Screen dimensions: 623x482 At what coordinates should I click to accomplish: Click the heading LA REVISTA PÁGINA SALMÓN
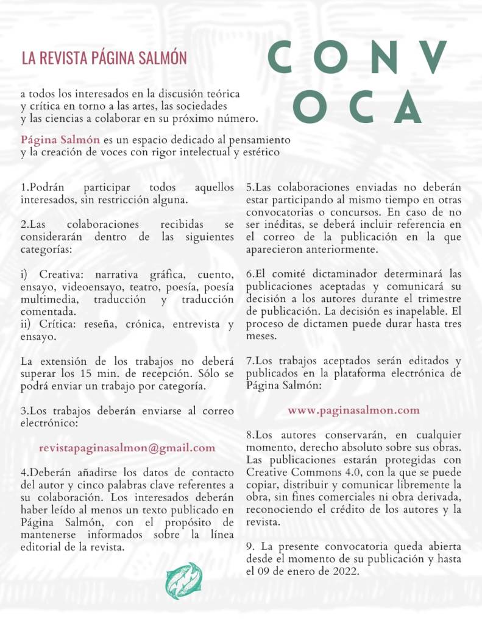click(104, 58)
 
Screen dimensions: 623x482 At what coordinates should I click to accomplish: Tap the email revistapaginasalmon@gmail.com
click(127, 448)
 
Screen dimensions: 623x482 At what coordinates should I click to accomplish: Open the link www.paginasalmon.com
click(353, 410)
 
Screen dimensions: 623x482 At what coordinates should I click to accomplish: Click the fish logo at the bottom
click(183, 580)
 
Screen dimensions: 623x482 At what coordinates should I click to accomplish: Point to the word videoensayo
click(85, 287)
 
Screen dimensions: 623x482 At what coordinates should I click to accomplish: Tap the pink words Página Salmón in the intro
click(60, 139)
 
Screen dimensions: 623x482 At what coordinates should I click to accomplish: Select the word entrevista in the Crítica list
click(196, 325)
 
